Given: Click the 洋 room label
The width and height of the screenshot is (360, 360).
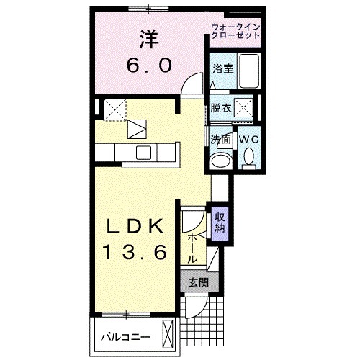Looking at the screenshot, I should (149, 37).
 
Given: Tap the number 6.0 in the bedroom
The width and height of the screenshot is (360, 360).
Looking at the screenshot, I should (149, 66).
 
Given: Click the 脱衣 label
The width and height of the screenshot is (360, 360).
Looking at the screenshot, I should (220, 109).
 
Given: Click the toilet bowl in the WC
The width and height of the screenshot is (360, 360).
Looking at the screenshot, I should (248, 158).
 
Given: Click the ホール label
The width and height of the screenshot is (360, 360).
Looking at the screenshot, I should (193, 246).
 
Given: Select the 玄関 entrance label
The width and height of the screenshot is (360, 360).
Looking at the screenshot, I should (198, 283).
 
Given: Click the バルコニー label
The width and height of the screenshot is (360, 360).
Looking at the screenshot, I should (123, 336).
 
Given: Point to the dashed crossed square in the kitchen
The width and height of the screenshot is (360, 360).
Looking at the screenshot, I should (114, 109).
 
